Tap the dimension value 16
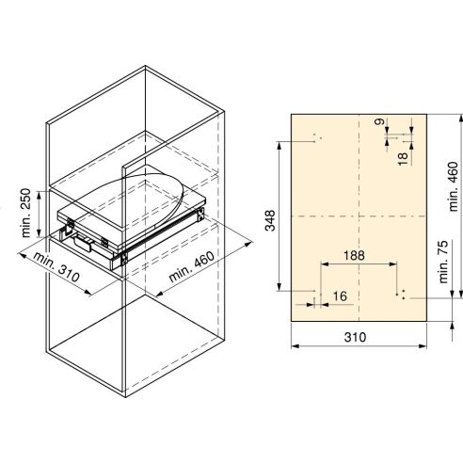pos(340,297)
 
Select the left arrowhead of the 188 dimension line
pos(322,264)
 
